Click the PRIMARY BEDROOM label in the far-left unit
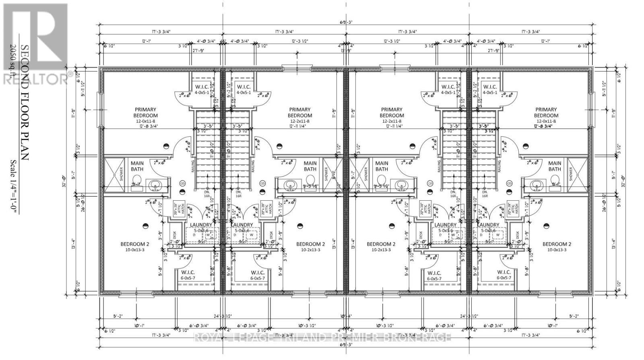[146, 112]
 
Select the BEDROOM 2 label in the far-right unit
[556, 244]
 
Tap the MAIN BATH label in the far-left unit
[137, 166]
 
